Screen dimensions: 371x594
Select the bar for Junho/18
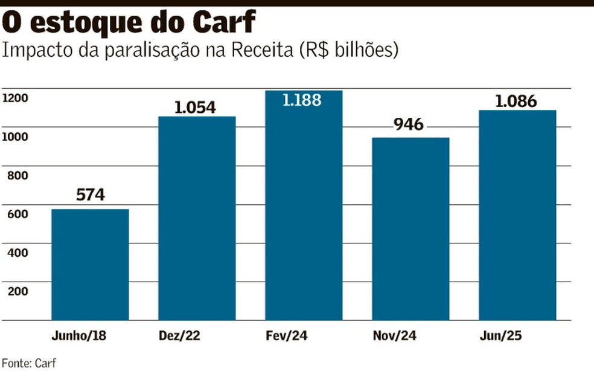pos(90,264)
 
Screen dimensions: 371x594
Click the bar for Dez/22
pos(197,218)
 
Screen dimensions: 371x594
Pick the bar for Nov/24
pos(410,228)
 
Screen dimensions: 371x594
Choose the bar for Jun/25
pos(517,215)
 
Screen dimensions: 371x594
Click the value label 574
pos(91,195)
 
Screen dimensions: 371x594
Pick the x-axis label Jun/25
pos(517,335)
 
